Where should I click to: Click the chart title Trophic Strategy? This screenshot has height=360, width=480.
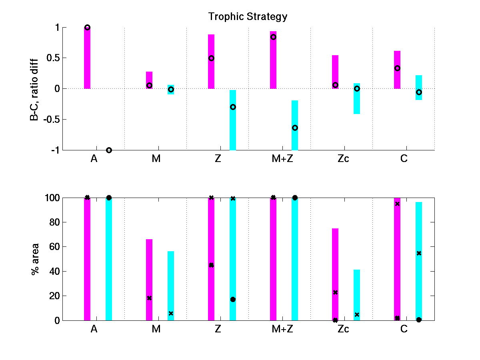click(248, 17)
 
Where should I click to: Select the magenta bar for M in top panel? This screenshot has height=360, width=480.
click(149, 80)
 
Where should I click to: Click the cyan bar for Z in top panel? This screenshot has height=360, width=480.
click(233, 120)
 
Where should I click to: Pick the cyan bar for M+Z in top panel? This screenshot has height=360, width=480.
click(295, 125)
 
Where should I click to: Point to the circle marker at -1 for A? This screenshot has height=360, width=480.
click(109, 150)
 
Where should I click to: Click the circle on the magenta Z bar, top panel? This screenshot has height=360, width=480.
click(211, 58)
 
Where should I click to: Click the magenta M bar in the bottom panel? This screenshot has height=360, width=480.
click(149, 280)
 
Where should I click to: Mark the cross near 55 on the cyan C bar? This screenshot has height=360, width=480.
click(419, 253)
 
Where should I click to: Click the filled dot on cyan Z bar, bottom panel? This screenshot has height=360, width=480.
click(233, 299)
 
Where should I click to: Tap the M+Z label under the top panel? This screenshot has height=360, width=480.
click(282, 159)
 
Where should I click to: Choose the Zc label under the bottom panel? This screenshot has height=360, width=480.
click(343, 329)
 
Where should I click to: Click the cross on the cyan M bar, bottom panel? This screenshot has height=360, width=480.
click(171, 313)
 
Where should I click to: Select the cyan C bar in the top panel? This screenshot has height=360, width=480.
click(419, 87)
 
